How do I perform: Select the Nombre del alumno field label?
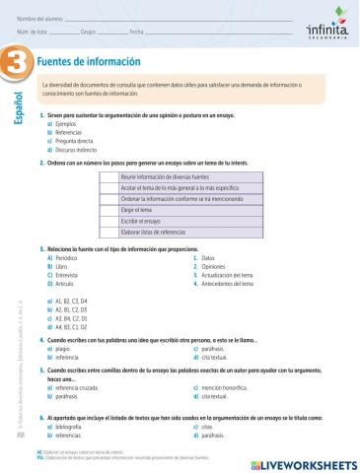point(36,19)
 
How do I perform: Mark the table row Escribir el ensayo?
point(142,221)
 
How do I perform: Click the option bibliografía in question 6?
point(71,427)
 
